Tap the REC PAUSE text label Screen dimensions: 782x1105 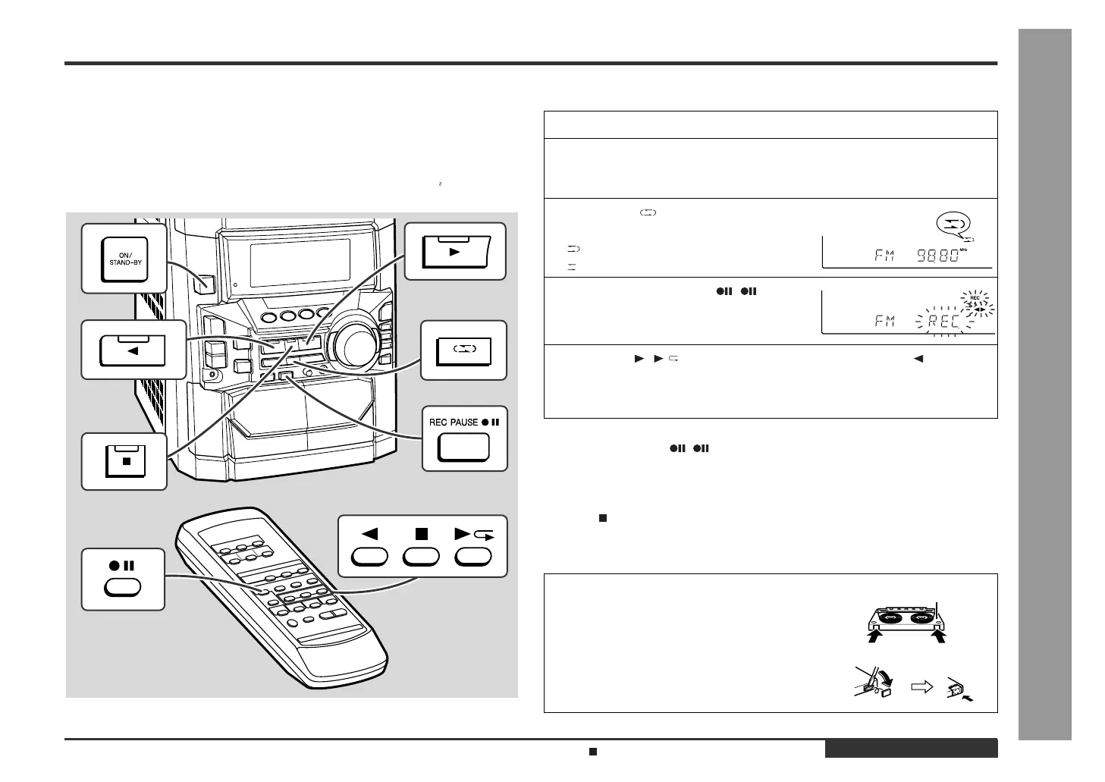[454, 422]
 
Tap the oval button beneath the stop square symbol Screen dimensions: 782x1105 [422, 557]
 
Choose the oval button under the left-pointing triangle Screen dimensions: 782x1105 [370, 557]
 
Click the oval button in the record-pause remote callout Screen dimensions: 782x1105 [123, 587]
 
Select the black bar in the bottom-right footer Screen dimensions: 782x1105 [911, 749]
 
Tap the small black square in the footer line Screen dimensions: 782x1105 [594, 752]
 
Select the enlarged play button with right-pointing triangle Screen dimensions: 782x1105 [454, 251]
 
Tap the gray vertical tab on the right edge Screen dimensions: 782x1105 [1044, 384]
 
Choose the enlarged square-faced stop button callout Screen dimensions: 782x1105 [124, 461]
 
